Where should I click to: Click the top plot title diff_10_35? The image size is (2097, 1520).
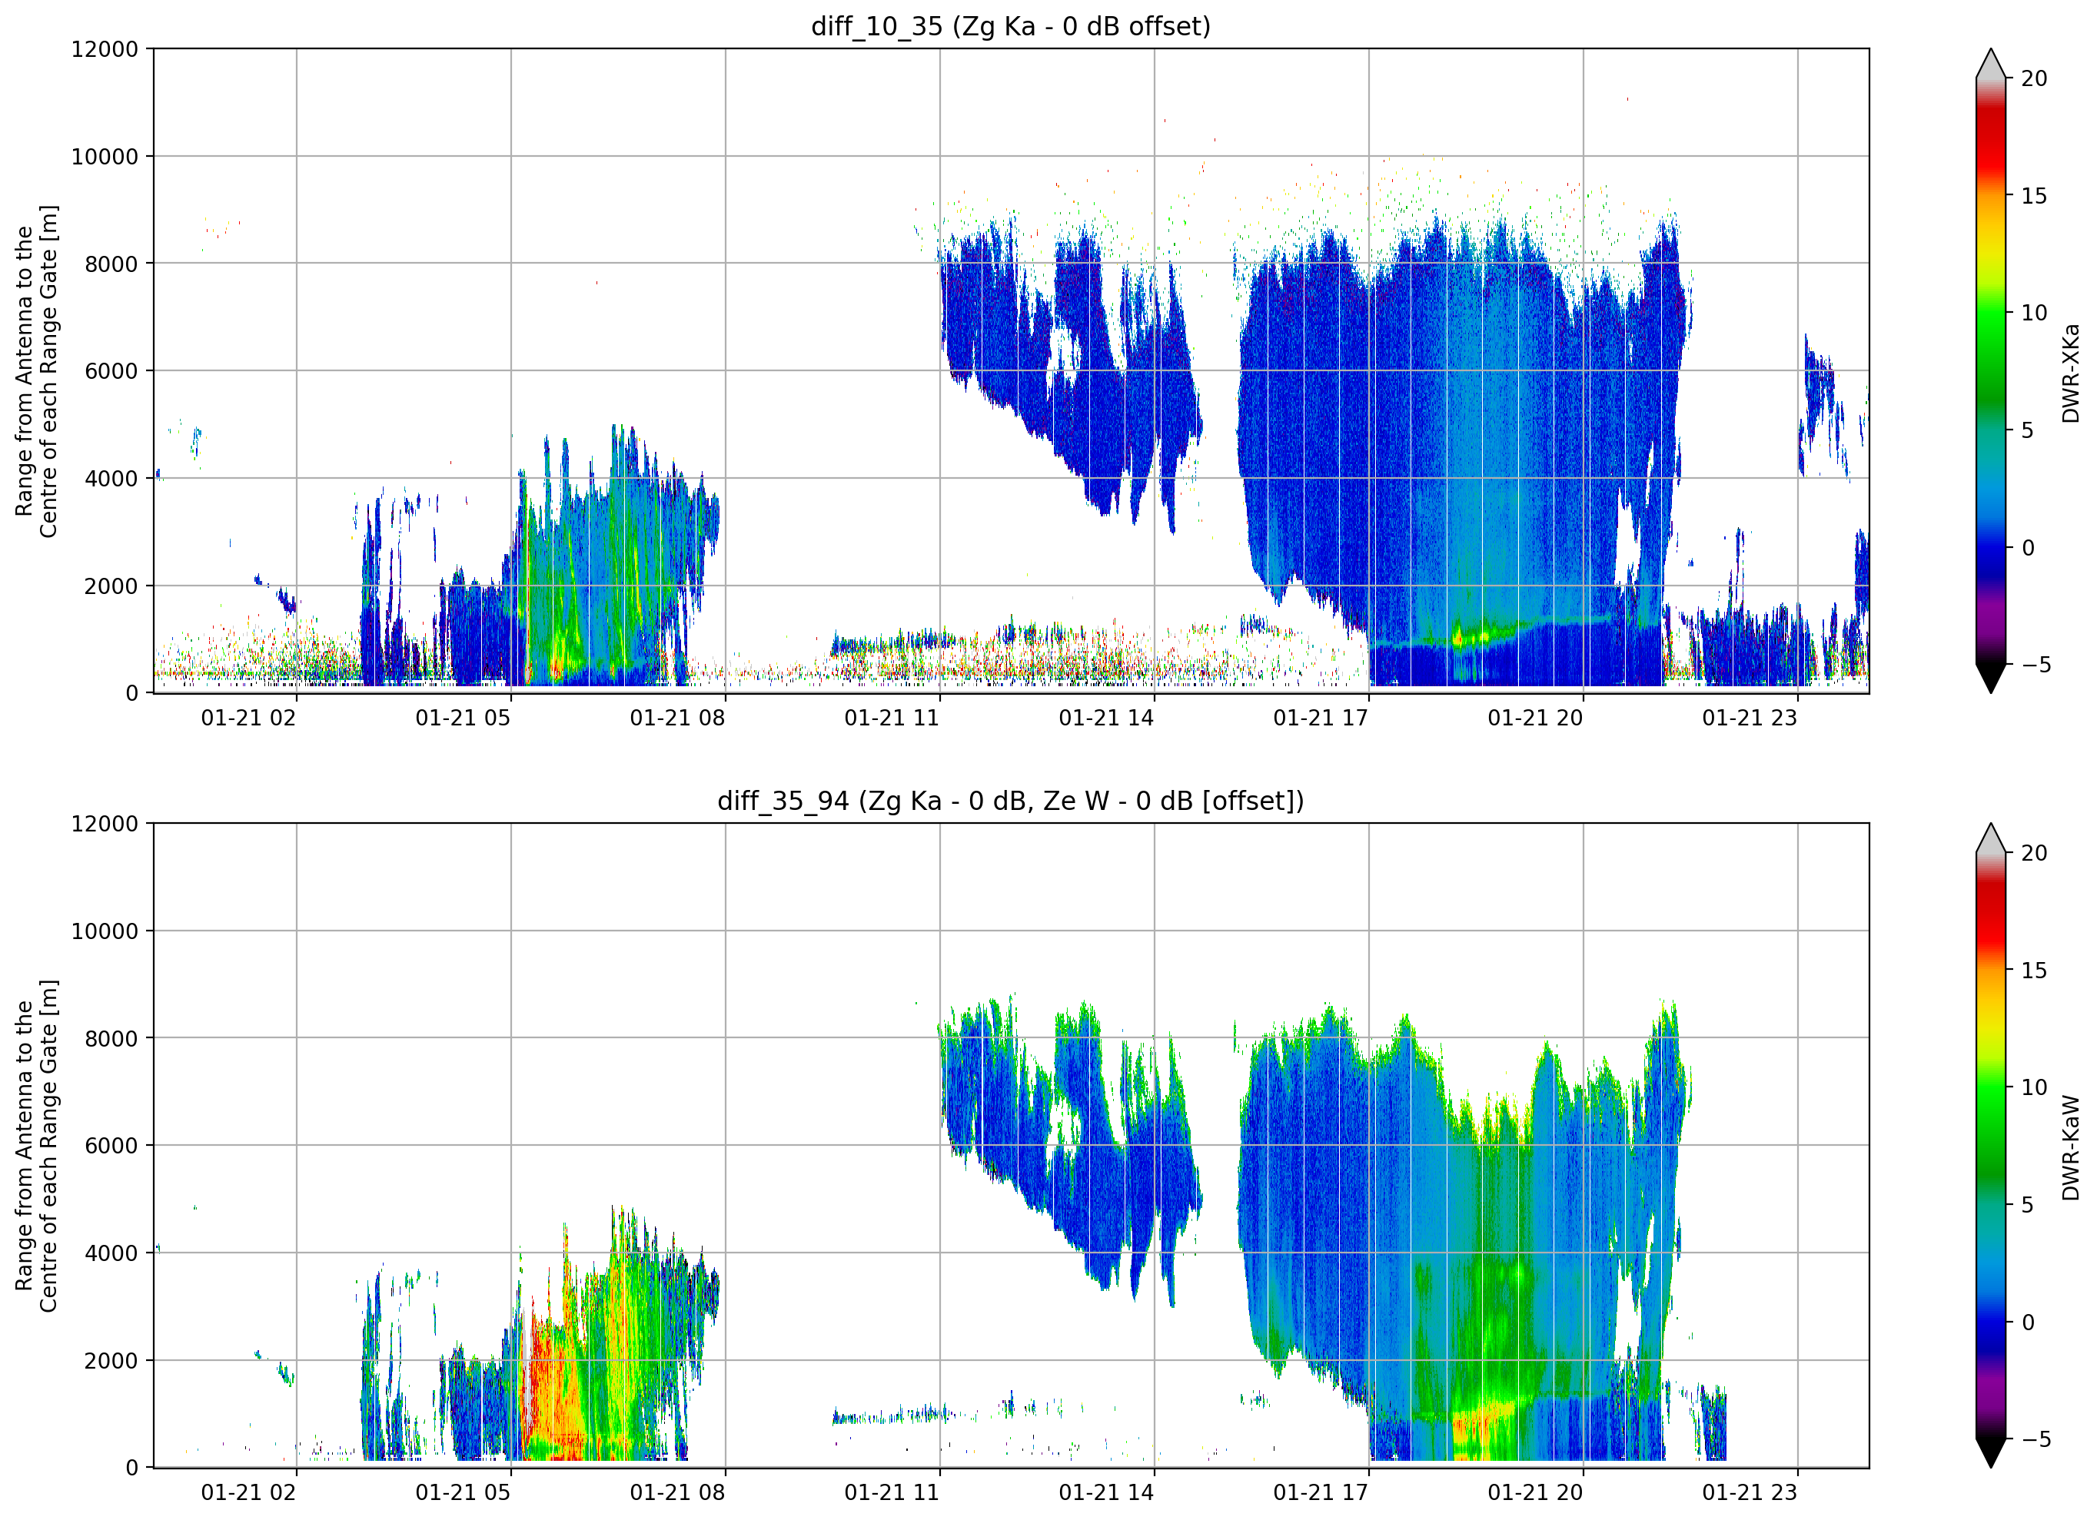coord(876,27)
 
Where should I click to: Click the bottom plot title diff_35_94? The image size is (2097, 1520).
coord(783,801)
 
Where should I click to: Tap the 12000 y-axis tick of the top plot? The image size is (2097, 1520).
coord(105,49)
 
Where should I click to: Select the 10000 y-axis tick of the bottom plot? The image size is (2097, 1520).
coord(105,931)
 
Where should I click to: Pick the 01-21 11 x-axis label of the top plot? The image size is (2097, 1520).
coord(892,719)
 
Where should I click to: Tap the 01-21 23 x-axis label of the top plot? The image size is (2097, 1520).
coord(1750,719)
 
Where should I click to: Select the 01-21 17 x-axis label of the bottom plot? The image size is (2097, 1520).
coord(1321,1492)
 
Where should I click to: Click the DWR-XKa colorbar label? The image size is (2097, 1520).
coord(2070,373)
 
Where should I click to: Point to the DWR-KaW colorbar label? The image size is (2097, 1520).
coord(2070,1147)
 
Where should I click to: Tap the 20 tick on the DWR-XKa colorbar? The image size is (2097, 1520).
coord(2034,78)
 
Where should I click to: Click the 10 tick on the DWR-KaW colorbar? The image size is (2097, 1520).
coord(2034,1087)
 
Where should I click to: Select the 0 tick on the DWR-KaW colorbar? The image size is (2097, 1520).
coord(2028,1323)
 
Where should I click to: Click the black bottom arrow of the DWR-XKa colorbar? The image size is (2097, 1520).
coord(1991,678)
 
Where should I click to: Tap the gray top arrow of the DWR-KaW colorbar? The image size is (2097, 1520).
coord(1991,838)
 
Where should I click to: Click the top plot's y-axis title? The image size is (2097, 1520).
coord(36,370)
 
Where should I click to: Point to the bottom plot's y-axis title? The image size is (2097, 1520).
coord(36,1146)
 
